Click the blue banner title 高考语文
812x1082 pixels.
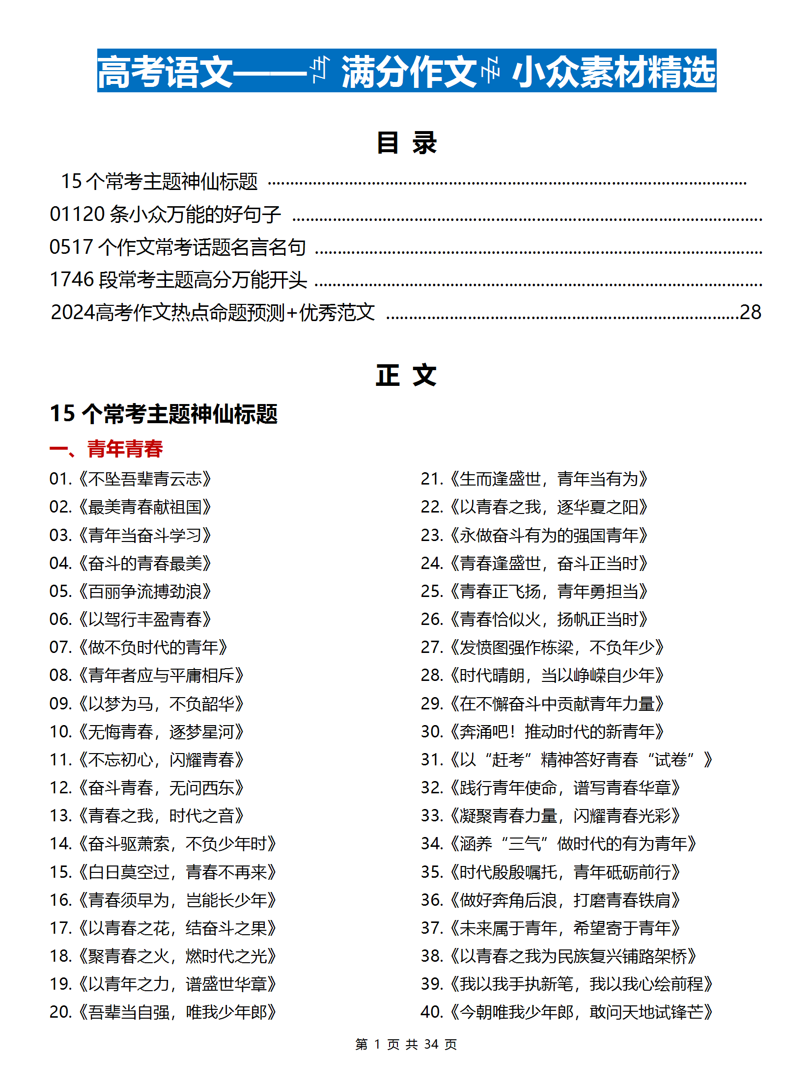click(165, 72)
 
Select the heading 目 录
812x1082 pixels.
click(406, 143)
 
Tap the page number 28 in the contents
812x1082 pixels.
click(750, 312)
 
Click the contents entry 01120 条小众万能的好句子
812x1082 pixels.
click(165, 214)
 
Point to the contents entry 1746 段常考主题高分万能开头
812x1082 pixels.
click(178, 280)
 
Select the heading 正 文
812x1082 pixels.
click(406, 376)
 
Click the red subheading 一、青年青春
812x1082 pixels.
click(106, 449)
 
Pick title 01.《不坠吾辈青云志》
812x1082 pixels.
click(131, 479)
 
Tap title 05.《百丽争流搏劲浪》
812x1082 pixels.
click(131, 592)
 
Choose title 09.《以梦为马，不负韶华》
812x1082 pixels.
click(147, 704)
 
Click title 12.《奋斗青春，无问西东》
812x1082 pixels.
click(147, 788)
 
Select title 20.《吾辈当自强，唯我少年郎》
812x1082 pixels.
click(163, 1012)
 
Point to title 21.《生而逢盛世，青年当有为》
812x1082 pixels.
click(534, 479)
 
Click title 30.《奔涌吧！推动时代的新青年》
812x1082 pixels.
click(542, 732)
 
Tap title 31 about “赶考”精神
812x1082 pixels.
click(566, 760)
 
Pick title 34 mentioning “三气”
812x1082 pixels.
click(559, 844)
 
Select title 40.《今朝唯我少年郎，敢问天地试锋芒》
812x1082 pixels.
click(566, 1012)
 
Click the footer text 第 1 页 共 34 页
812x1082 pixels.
click(406, 1044)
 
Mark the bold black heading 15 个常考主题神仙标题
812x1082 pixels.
click(164, 413)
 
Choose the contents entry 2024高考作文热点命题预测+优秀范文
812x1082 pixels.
click(213, 312)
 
